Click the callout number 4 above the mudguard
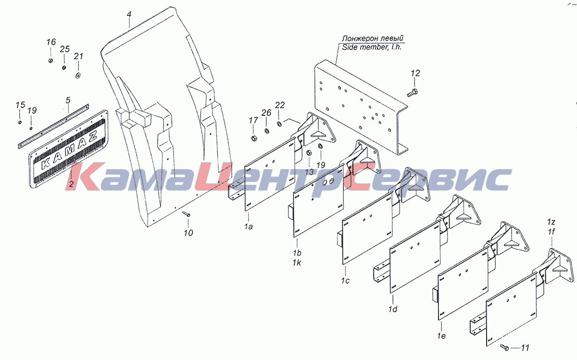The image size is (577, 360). coord(129,14)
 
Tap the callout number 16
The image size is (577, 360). coord(51,42)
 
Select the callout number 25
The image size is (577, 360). coord(65,49)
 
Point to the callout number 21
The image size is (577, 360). coord(78,57)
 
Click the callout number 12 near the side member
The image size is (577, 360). coord(415,74)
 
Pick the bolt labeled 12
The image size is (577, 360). coord(412,93)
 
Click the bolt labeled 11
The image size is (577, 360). coord(504,347)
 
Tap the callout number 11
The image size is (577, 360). coord(525,347)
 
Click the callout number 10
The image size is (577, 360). coord(188,233)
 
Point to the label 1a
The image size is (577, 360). coord(248,226)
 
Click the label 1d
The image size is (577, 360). coord(393,310)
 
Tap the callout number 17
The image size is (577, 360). coord(253,120)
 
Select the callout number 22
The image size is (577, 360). coord(280,105)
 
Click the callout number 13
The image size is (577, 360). coord(309,172)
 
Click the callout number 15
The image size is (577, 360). coord(20,105)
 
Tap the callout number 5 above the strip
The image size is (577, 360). coord(68,100)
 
